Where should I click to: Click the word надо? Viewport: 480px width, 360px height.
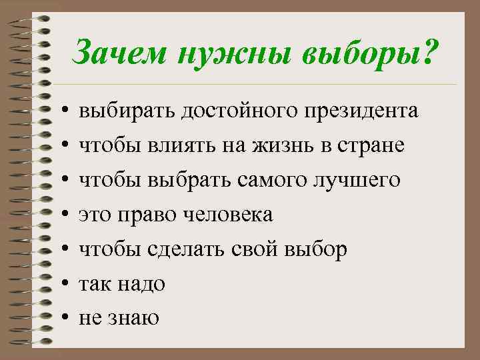pyautogui.click(x=142, y=284)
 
